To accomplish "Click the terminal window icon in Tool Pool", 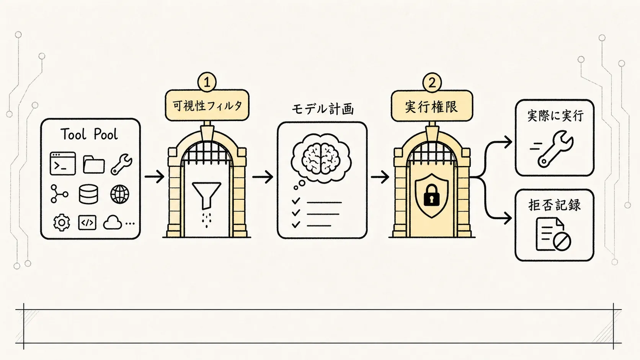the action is tap(62, 163).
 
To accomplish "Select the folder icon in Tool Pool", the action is tap(94, 165).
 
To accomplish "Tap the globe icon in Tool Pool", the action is tap(119, 194).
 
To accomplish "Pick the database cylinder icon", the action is tap(88, 194).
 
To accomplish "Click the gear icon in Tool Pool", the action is tap(61, 222).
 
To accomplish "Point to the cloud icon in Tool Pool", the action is tap(112, 222).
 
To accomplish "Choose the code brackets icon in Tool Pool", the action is tap(87, 223).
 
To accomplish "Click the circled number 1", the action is tap(207, 82).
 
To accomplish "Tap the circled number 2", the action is tap(432, 83).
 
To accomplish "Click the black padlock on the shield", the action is tap(431, 195).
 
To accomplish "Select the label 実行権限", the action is tap(431, 107).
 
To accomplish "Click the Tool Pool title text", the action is tap(89, 134).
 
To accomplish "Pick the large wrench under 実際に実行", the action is tap(555, 149).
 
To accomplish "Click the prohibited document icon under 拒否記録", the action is tap(553, 235).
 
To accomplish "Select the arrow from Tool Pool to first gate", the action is tap(154, 177).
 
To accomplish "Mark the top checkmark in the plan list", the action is tap(296, 201).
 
